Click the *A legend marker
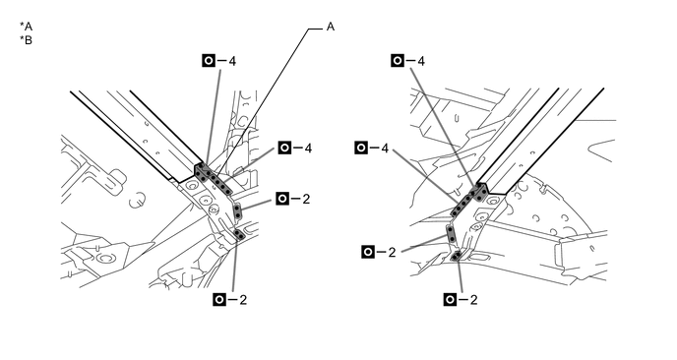click(26, 27)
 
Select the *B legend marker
click(26, 40)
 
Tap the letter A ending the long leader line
click(331, 27)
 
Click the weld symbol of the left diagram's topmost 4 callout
click(209, 61)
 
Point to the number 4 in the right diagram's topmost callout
click(421, 61)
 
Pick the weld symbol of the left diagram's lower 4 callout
click(284, 149)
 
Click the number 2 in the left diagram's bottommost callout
click(243, 300)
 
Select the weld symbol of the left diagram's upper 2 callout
click(282, 199)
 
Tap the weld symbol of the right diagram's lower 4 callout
click(361, 149)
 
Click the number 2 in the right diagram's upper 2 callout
click(392, 253)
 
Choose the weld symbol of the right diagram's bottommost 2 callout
click(450, 300)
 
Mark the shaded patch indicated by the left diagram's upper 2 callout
click(237, 211)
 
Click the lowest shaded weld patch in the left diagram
click(239, 234)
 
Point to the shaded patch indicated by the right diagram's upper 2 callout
click(451, 233)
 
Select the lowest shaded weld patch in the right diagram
click(456, 257)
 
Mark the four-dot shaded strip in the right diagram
click(462, 205)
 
